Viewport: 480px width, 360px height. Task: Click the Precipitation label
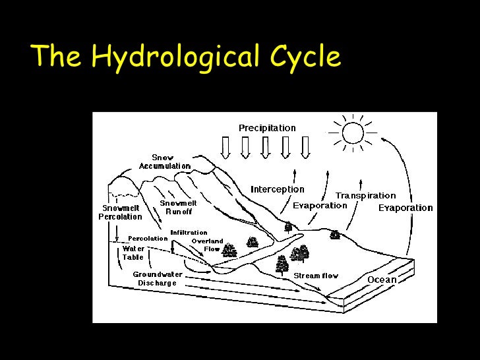pos(267,128)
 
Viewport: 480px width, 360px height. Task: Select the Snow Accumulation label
pos(164,162)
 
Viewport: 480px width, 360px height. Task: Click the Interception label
pos(278,189)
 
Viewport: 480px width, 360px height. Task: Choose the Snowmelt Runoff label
pos(178,208)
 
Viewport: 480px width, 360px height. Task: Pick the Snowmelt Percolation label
pos(120,212)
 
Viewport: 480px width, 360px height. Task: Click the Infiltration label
pos(189,233)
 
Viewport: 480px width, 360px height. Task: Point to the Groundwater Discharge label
pos(158,279)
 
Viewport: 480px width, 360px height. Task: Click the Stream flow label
pos(316,276)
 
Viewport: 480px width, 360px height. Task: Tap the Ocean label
pos(382,280)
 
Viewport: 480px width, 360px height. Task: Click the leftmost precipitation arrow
pos(225,147)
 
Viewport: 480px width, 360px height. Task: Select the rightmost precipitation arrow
pos(305,147)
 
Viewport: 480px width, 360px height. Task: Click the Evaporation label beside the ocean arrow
pos(405,208)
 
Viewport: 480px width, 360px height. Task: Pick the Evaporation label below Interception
pos(320,205)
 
